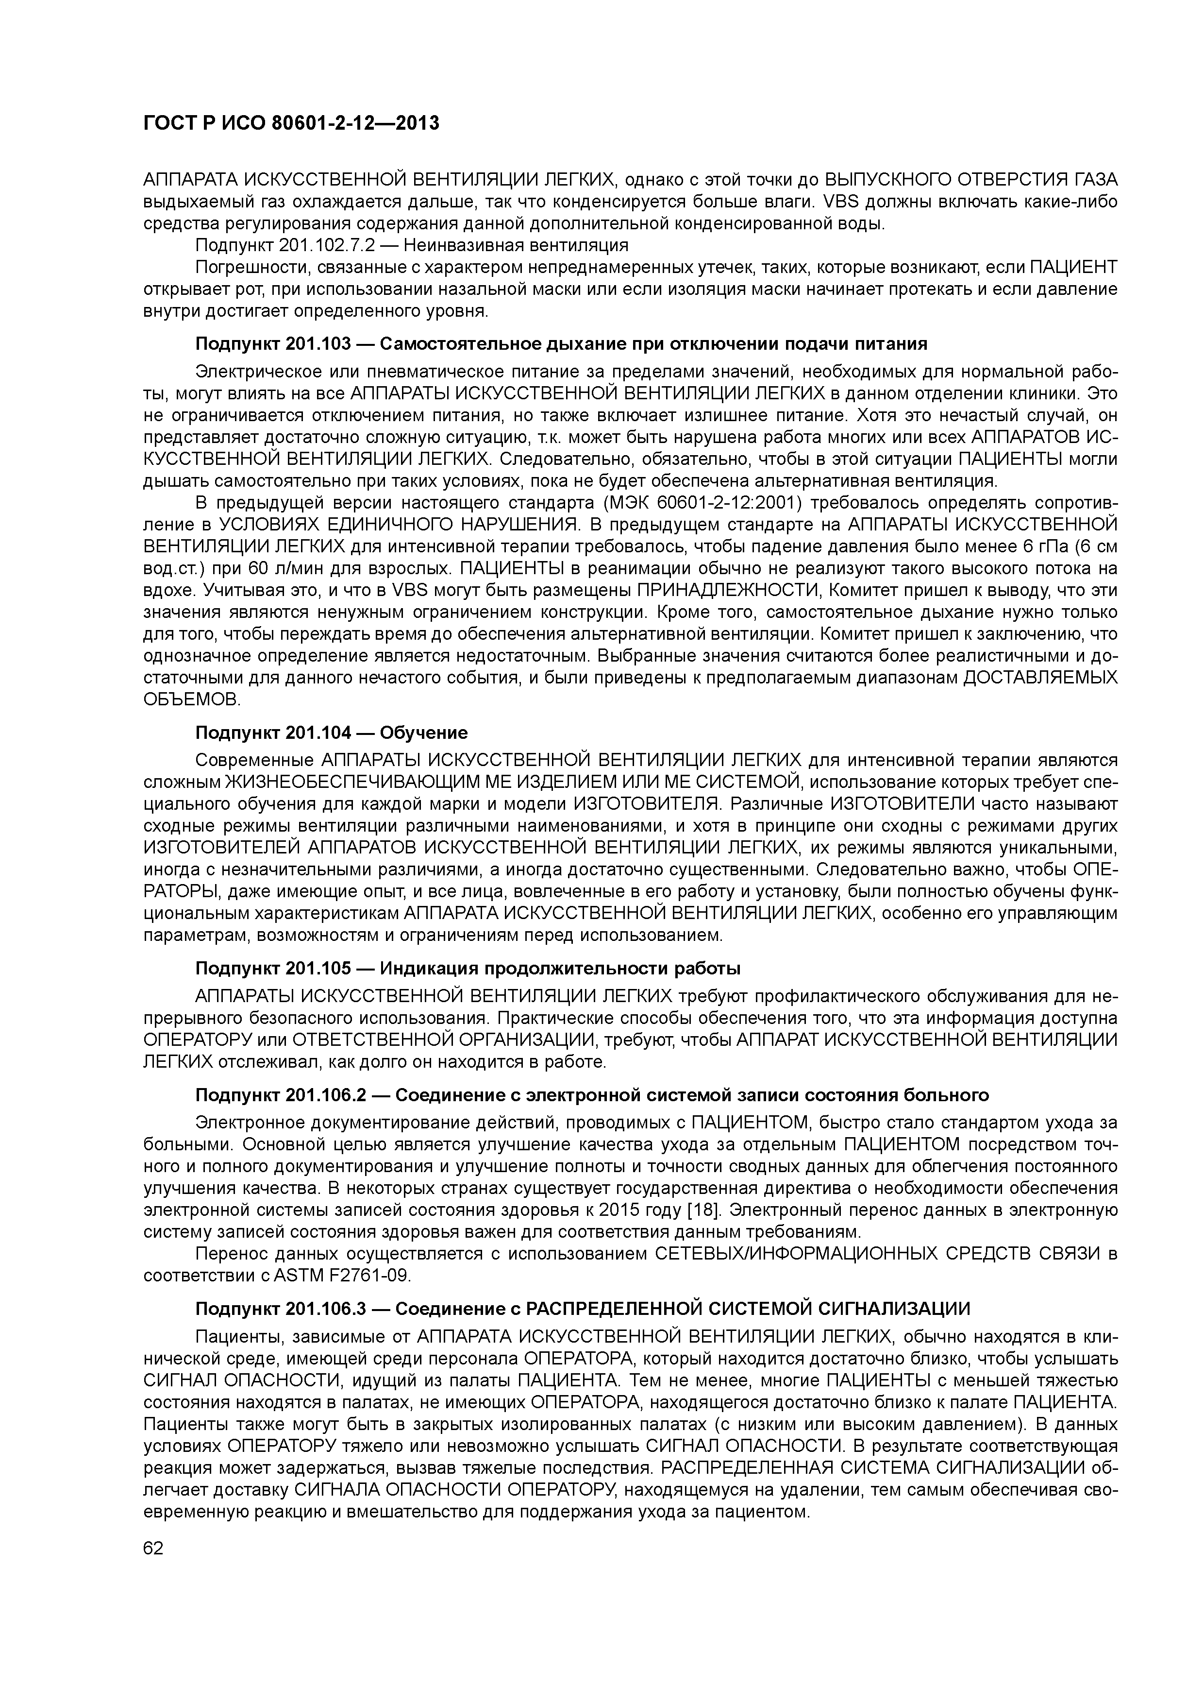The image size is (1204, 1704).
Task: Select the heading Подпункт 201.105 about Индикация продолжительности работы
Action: (468, 969)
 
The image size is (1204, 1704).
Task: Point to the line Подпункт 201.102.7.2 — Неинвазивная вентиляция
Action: (412, 245)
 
